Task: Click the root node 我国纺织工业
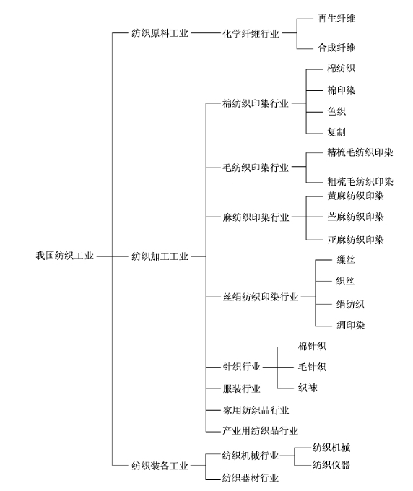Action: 64,256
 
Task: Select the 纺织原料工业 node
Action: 160,33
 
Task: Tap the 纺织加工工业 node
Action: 160,256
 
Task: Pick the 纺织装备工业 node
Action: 160,466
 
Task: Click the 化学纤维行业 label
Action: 251,33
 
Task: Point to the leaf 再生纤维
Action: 336,19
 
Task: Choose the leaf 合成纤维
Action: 336,48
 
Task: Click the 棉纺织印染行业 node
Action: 256,103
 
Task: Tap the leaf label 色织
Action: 336,111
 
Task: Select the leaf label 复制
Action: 336,132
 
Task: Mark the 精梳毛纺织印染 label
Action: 360,152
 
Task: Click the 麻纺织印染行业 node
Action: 256,217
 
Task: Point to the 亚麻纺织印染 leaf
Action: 356,240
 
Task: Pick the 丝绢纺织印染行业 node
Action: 261,297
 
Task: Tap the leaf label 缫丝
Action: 346,260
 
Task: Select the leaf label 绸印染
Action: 351,325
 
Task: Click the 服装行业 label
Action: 241,389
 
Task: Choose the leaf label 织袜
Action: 308,388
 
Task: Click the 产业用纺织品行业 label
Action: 260,431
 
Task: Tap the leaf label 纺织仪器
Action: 331,465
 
